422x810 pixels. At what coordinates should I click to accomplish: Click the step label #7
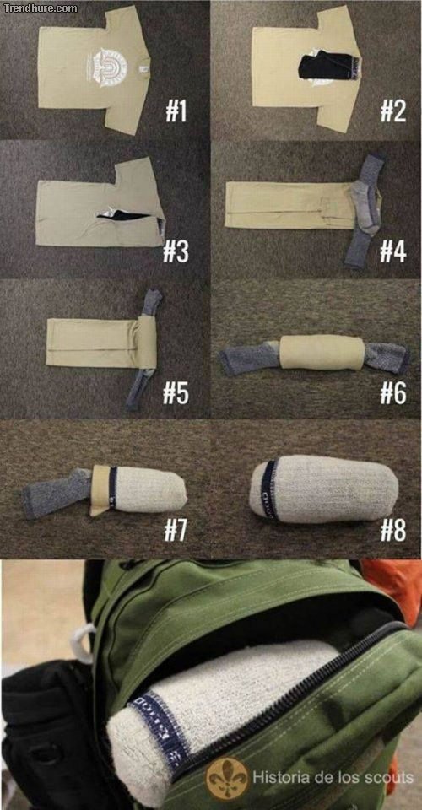click(x=176, y=530)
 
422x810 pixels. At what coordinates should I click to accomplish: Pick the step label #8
click(x=392, y=530)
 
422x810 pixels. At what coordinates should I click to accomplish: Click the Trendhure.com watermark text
click(x=40, y=8)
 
